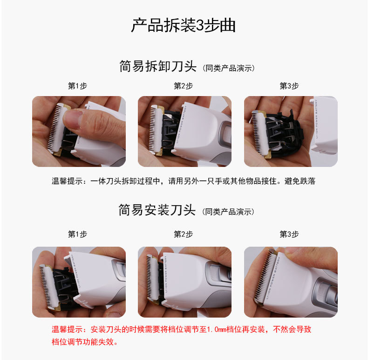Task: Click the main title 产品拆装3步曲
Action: click(x=183, y=25)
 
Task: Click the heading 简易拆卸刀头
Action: click(x=158, y=66)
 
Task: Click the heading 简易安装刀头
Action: click(x=157, y=210)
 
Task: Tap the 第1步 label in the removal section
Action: click(x=77, y=86)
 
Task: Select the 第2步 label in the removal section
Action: click(x=183, y=86)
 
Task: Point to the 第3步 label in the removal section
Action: click(x=289, y=86)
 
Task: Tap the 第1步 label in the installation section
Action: click(x=77, y=234)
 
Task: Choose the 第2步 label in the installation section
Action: click(x=183, y=234)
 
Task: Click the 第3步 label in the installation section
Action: click(x=289, y=234)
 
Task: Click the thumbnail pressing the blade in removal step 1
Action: click(x=73, y=120)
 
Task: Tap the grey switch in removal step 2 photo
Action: click(x=225, y=134)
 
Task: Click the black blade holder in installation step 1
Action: click(x=64, y=286)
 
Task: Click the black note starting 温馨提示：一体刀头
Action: click(x=184, y=181)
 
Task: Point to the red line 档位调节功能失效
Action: click(x=85, y=342)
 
